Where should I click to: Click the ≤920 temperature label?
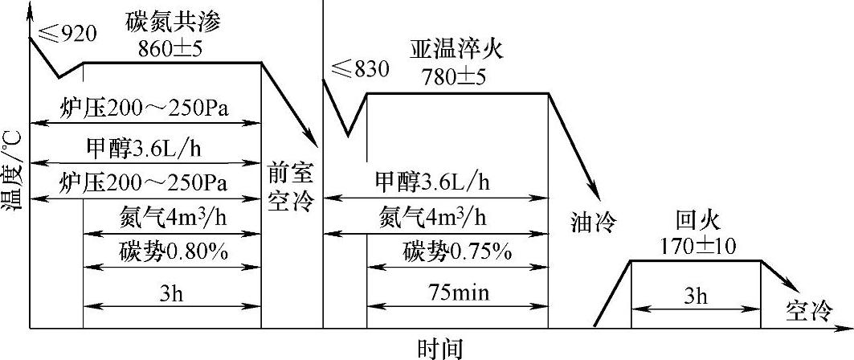pyautogui.click(x=67, y=34)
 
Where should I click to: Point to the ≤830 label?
pyautogui.click(x=355, y=70)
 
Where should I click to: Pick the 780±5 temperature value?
pyautogui.click(x=454, y=78)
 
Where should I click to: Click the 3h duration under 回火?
pyautogui.click(x=696, y=295)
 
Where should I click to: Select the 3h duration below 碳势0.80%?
pyautogui.click(x=171, y=294)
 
